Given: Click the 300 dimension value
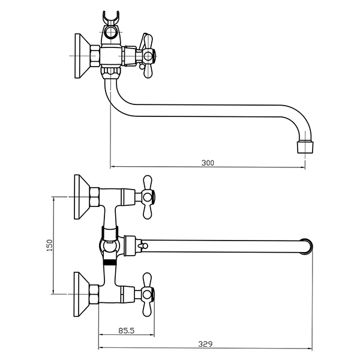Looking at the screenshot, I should [207, 163].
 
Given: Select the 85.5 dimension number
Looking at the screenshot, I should [127, 329].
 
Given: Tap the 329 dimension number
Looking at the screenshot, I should [206, 344].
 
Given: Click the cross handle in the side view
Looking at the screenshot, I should [146, 56].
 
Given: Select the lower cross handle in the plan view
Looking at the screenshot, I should [146, 293].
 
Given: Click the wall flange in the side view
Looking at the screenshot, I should [80, 55].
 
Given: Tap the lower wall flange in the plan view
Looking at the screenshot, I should [80, 293].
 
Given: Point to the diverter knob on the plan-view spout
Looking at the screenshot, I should [142, 246].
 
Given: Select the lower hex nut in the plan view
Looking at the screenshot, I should [95, 293].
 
